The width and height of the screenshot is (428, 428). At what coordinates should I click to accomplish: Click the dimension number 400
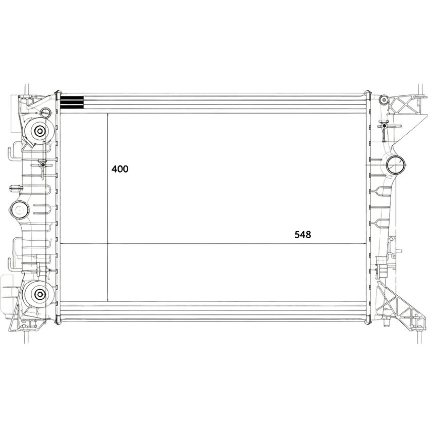(120, 169)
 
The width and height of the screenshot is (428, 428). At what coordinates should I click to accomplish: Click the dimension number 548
(303, 235)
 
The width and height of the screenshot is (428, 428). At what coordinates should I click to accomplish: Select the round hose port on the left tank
(19, 209)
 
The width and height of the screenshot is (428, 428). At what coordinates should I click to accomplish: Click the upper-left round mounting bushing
(40, 131)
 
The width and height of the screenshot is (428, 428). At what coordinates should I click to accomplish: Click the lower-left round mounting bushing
(40, 294)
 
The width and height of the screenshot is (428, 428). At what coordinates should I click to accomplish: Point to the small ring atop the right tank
(384, 100)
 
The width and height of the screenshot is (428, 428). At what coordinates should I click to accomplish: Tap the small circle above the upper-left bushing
(45, 112)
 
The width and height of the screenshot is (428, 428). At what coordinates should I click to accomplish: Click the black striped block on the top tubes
(72, 102)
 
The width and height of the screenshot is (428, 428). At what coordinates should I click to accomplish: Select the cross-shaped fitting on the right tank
(384, 126)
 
